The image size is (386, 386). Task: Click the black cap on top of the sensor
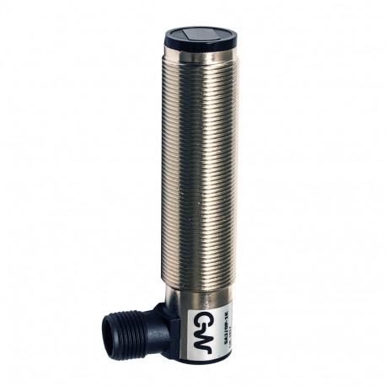click(x=193, y=36)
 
